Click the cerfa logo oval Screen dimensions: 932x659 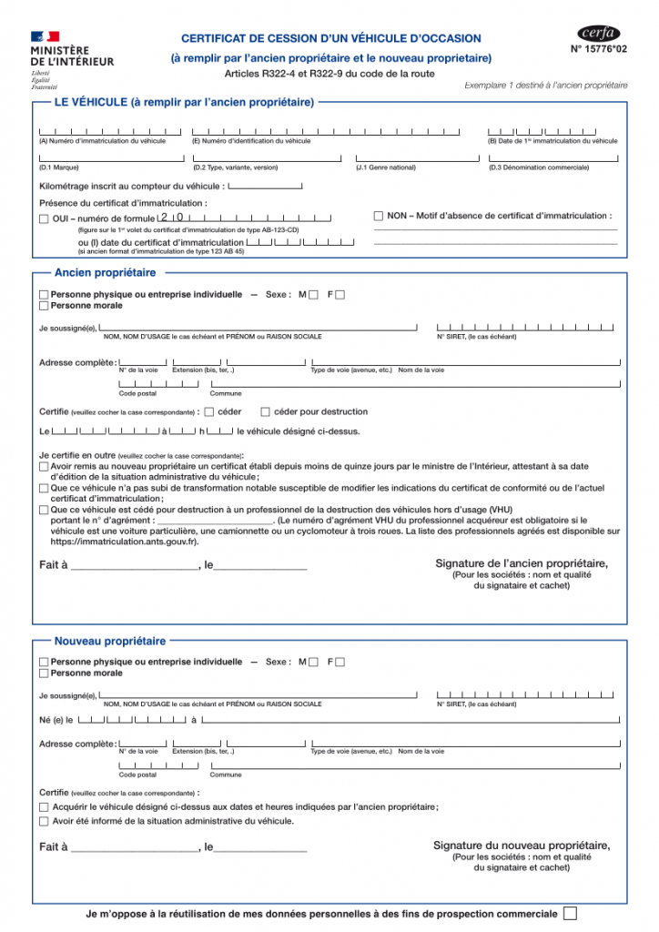point(598,34)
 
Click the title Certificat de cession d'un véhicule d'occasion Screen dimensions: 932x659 point(331,38)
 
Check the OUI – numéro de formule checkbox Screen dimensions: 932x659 point(44,218)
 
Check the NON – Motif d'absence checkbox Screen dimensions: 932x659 point(379,216)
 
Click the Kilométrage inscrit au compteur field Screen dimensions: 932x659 point(265,186)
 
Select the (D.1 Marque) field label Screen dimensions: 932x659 point(58,167)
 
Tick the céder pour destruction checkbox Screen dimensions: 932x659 point(266,411)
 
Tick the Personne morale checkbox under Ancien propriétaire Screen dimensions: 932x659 point(44,306)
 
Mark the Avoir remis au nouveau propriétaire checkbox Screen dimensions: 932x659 point(44,466)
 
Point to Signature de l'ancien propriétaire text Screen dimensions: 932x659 point(522,564)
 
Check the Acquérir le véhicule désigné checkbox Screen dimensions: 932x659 point(44,807)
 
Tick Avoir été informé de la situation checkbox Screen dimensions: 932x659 point(44,821)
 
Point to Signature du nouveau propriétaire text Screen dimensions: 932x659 point(522,846)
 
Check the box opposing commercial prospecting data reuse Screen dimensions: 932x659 point(571,913)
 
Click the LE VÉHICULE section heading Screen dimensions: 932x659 point(184,102)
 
